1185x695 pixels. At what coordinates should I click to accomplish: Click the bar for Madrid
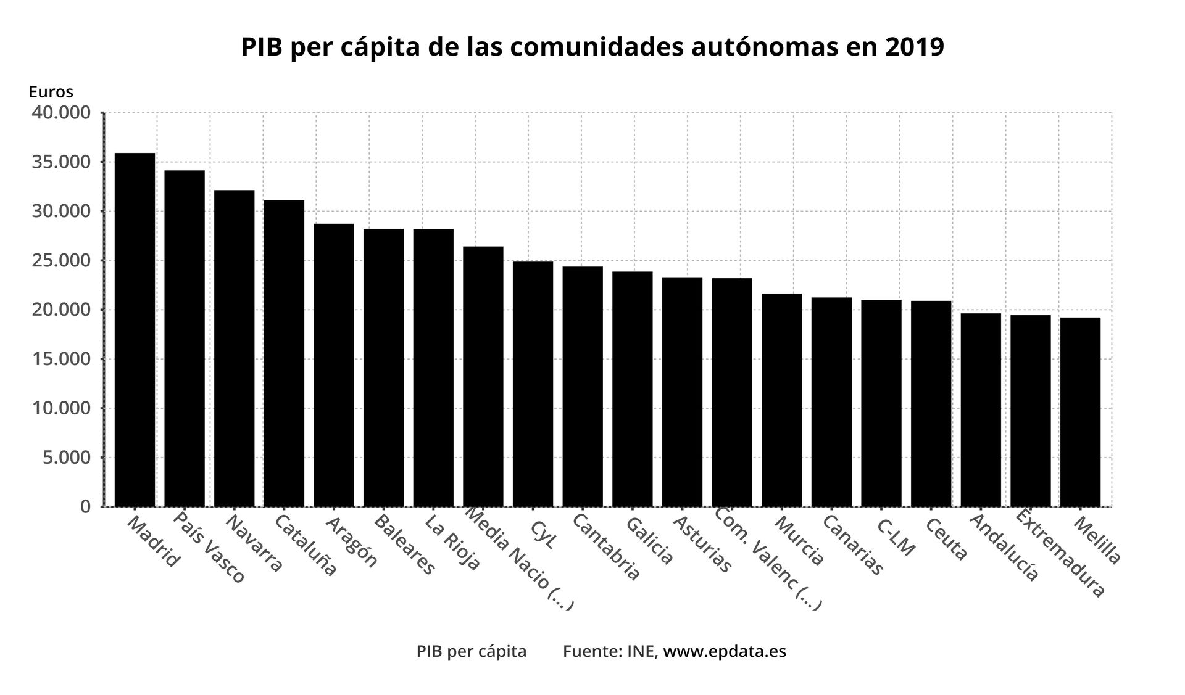[x=135, y=329]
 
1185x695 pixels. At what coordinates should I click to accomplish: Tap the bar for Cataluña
[x=284, y=353]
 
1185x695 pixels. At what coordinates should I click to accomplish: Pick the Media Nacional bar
[x=483, y=376]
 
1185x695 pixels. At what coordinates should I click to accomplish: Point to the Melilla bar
[x=1080, y=411]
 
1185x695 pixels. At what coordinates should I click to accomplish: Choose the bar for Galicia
[x=632, y=389]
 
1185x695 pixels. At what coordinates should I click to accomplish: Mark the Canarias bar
[x=831, y=401]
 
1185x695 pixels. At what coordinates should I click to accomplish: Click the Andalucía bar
[x=981, y=409]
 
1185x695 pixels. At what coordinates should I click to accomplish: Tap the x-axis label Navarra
[x=254, y=543]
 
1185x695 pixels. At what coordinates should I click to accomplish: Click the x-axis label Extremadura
[x=1059, y=553]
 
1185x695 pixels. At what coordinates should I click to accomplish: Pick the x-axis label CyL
[x=543, y=534]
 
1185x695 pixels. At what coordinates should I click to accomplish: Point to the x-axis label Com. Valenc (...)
[x=768, y=559]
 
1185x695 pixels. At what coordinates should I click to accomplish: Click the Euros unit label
[x=51, y=92]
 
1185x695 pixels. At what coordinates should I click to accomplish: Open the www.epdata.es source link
[x=724, y=652]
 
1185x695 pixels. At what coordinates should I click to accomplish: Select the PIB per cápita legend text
[x=472, y=652]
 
